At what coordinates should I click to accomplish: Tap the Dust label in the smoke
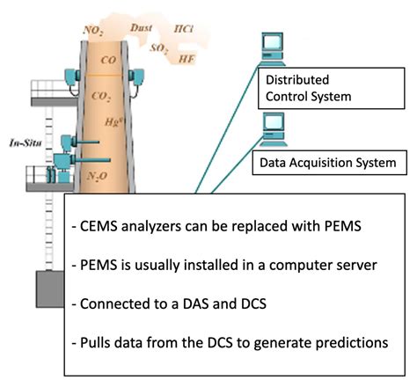click(x=142, y=28)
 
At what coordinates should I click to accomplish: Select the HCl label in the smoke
click(x=185, y=28)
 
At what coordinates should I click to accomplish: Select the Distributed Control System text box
click(x=311, y=90)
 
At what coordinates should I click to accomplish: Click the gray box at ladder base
click(x=47, y=294)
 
